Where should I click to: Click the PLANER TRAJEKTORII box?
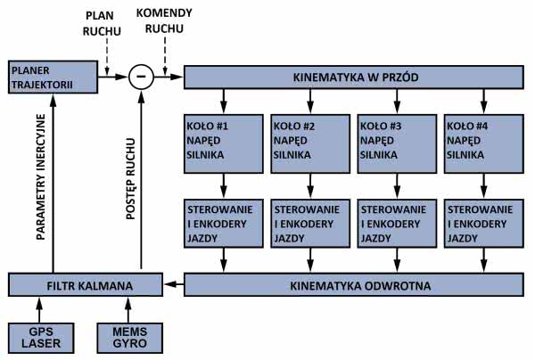pos(51,78)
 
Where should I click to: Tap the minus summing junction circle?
pos(140,78)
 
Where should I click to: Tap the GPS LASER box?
pos(37,337)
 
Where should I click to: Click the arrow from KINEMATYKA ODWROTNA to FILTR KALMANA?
pos(174,285)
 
